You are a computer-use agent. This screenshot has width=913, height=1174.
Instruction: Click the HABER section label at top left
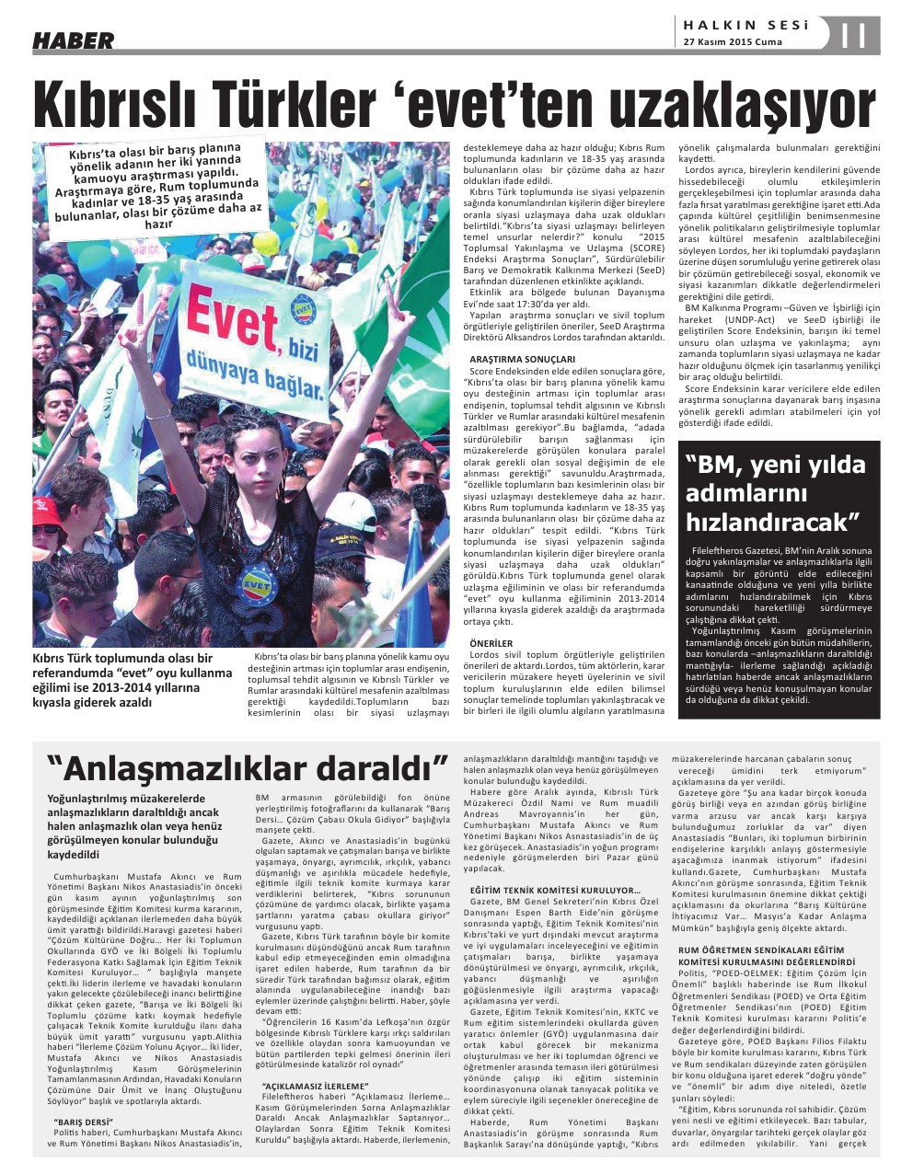coord(74,40)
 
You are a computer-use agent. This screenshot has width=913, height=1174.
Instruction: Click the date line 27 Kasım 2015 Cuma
coord(733,42)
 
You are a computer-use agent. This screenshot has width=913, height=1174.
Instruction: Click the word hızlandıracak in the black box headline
coord(772,522)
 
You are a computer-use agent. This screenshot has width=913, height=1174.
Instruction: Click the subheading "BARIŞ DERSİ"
coord(83,1122)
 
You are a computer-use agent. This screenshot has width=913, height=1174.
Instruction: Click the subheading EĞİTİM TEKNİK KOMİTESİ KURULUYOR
coord(555,891)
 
